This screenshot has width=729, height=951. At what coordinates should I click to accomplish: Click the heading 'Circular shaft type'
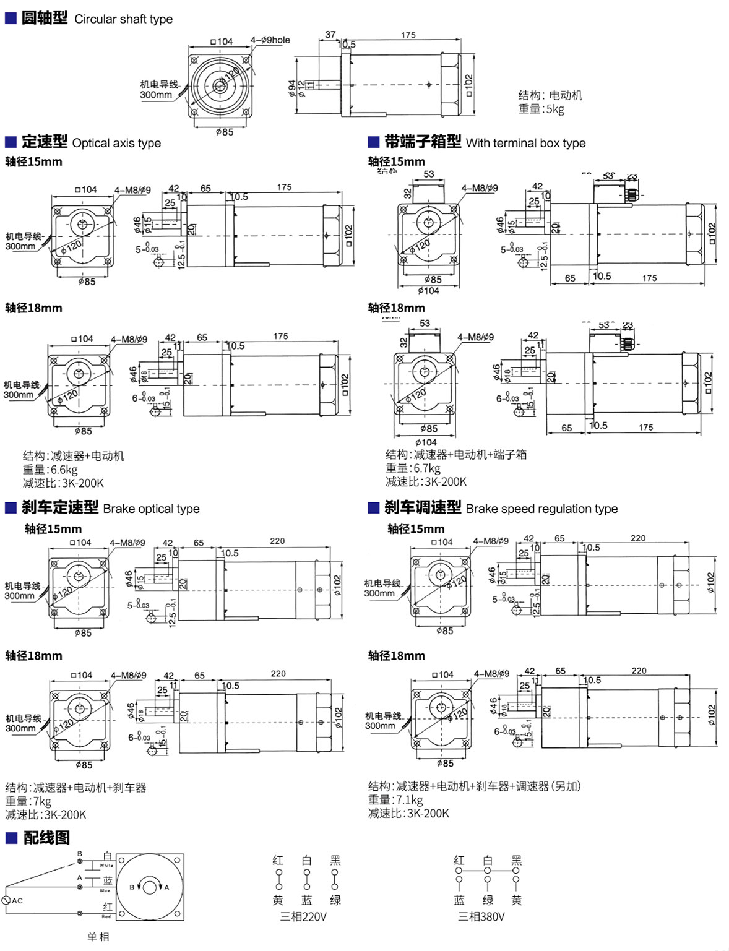pyautogui.click(x=123, y=19)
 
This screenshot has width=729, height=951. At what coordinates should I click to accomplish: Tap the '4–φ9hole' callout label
pyautogui.click(x=270, y=40)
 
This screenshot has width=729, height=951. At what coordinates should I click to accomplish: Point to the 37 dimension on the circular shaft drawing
pyautogui.click(x=330, y=35)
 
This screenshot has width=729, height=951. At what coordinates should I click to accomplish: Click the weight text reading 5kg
pyautogui.click(x=541, y=109)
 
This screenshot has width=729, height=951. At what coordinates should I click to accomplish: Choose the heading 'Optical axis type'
pyautogui.click(x=116, y=143)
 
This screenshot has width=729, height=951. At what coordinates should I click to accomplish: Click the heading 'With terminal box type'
pyautogui.click(x=525, y=143)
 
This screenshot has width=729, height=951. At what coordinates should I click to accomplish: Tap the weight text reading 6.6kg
pyautogui.click(x=50, y=470)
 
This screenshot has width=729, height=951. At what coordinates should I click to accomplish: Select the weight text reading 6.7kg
pyautogui.click(x=413, y=468)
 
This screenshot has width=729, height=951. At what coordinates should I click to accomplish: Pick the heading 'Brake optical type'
pyautogui.click(x=151, y=509)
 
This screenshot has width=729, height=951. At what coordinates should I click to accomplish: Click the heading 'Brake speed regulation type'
pyautogui.click(x=541, y=509)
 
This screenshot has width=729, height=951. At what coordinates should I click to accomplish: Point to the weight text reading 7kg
pyautogui.click(x=28, y=801)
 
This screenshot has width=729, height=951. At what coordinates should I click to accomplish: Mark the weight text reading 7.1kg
pyautogui.click(x=395, y=800)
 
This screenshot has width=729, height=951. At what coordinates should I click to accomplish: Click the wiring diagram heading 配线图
pyautogui.click(x=46, y=838)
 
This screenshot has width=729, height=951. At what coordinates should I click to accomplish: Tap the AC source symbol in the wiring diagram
pyautogui.click(x=6, y=900)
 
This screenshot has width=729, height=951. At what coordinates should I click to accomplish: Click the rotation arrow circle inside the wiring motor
pyautogui.click(x=149, y=887)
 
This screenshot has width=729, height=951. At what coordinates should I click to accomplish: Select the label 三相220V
pyautogui.click(x=303, y=916)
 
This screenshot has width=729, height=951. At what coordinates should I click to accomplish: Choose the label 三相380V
pyautogui.click(x=481, y=916)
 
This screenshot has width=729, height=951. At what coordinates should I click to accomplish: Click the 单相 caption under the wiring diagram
pyautogui.click(x=98, y=937)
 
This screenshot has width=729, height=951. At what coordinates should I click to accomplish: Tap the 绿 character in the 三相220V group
pyautogui.click(x=335, y=900)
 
